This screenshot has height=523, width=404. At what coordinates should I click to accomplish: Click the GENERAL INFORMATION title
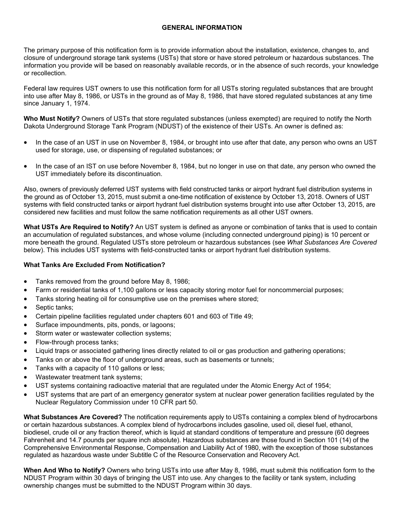[202, 28]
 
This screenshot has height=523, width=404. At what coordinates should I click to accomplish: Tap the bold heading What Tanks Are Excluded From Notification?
[94, 265]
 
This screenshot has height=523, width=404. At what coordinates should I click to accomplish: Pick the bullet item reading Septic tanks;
[54, 307]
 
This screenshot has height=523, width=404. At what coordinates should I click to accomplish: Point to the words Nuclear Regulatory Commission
[79, 402]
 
